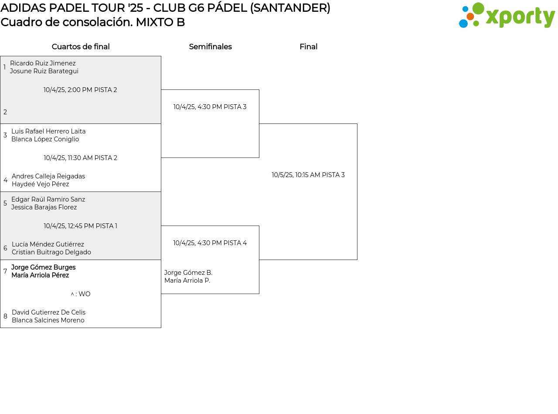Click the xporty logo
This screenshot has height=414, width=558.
point(507,16)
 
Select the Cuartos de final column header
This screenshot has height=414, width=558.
point(81,47)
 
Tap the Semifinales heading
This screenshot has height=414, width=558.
point(210,47)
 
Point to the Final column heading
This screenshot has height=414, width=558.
point(308,47)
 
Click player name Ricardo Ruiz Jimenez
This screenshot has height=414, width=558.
point(43,63)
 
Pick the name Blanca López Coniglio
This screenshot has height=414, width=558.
point(45,139)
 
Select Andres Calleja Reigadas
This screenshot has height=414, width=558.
point(48,176)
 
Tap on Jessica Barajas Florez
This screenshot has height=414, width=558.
point(44,207)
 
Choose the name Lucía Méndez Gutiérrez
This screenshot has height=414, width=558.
point(48,244)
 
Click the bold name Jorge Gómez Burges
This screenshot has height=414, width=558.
point(43,267)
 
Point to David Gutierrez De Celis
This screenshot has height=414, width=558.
point(48,312)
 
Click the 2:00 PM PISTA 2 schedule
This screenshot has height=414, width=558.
point(80,90)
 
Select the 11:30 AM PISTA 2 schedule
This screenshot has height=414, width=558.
point(80,158)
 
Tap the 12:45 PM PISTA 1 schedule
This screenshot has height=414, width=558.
point(80,226)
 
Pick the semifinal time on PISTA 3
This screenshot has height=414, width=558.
point(210,107)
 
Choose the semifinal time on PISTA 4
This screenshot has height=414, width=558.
point(210,243)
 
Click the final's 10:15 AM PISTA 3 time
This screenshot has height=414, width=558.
point(308,175)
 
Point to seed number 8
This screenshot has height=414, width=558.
point(5,316)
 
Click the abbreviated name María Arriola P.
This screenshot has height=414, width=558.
point(187,281)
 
